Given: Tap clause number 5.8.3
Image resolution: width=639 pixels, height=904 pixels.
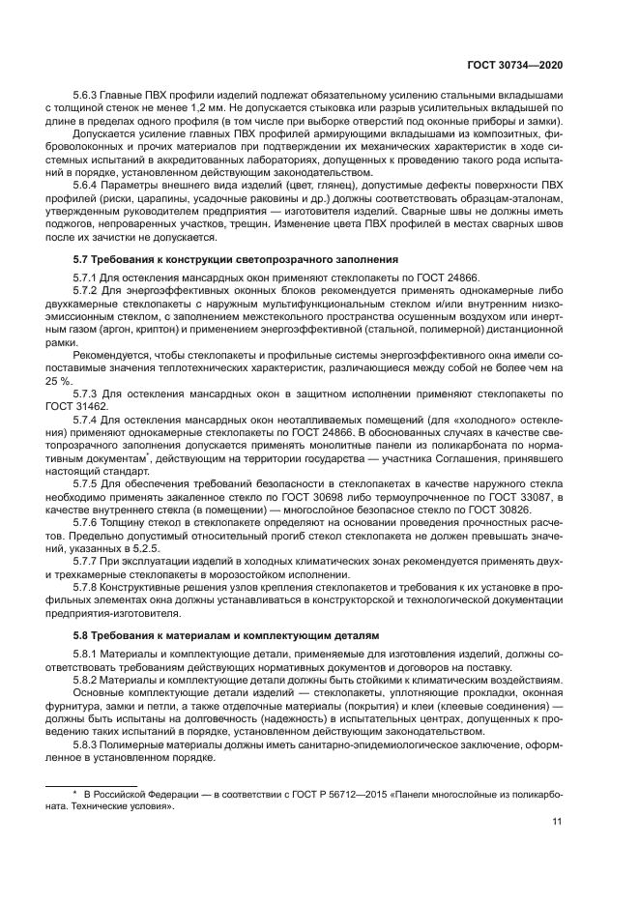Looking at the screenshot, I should [x=89, y=744].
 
